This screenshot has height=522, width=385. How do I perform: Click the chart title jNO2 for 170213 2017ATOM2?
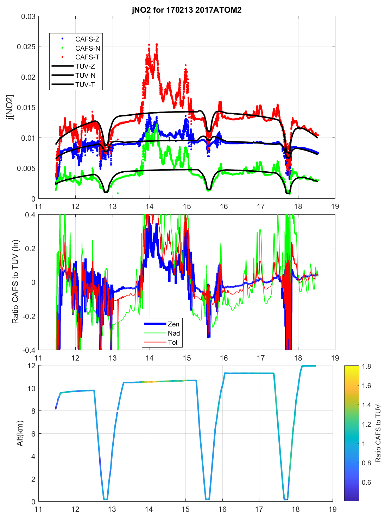(x=187, y=9)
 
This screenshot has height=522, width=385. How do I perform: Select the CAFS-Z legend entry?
(x=87, y=39)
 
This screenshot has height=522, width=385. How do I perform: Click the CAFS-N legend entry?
(x=87, y=48)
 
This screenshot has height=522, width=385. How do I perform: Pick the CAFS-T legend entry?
(x=87, y=57)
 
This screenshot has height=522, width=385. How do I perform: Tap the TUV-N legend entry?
(x=85, y=75)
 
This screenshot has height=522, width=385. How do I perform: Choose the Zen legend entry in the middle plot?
(x=173, y=324)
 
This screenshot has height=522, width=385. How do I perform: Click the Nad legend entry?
(x=173, y=333)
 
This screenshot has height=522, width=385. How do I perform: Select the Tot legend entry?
(x=173, y=342)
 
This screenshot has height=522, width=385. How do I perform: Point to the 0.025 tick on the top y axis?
(x=26, y=47)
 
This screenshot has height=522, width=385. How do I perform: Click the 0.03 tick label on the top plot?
(x=28, y=17)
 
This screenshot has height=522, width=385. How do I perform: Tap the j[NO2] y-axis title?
(x=11, y=107)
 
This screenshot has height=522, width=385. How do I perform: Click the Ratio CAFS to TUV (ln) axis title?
(x=15, y=282)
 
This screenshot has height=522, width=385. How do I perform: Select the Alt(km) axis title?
(x=20, y=433)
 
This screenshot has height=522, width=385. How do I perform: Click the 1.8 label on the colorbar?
(x=366, y=366)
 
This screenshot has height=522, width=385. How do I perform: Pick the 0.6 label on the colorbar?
(x=366, y=482)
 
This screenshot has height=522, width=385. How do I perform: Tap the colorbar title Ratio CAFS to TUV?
(x=378, y=433)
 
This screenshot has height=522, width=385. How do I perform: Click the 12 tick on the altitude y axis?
(x=31, y=366)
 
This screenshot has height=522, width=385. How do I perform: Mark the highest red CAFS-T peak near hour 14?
(x=157, y=44)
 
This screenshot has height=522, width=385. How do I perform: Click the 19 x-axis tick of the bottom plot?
(x=333, y=509)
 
